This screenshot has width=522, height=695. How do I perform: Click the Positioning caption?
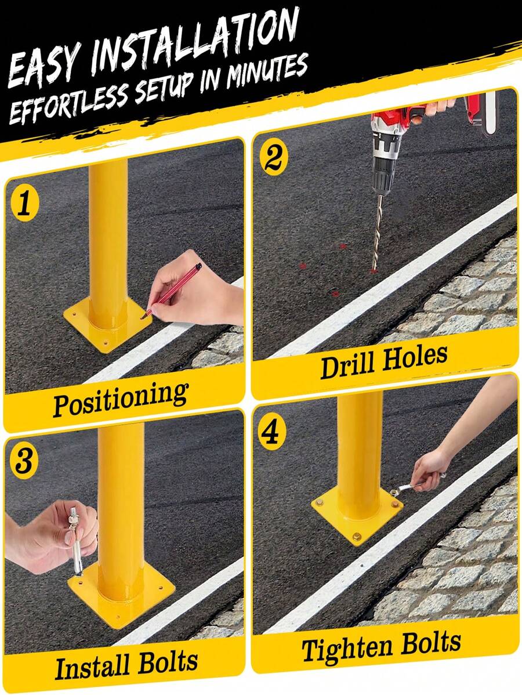[121, 398]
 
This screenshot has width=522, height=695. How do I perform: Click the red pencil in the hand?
[174, 290]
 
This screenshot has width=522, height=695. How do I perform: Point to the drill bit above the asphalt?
[378, 232]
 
